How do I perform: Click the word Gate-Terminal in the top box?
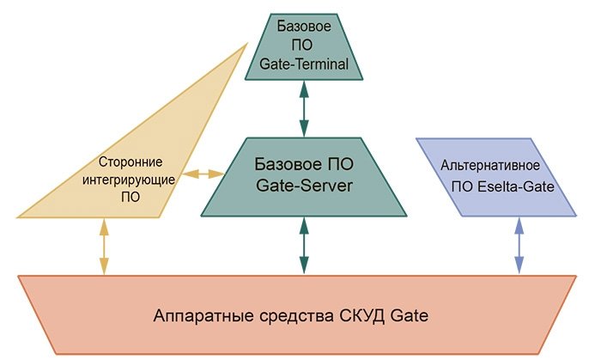pyautogui.click(x=303, y=64)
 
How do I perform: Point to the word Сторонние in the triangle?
pyautogui.click(x=131, y=161)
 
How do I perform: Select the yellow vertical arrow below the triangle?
pyautogui.click(x=104, y=246)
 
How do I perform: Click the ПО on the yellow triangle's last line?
pyautogui.click(x=131, y=197)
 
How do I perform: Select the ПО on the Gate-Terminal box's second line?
pyautogui.click(x=303, y=46)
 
